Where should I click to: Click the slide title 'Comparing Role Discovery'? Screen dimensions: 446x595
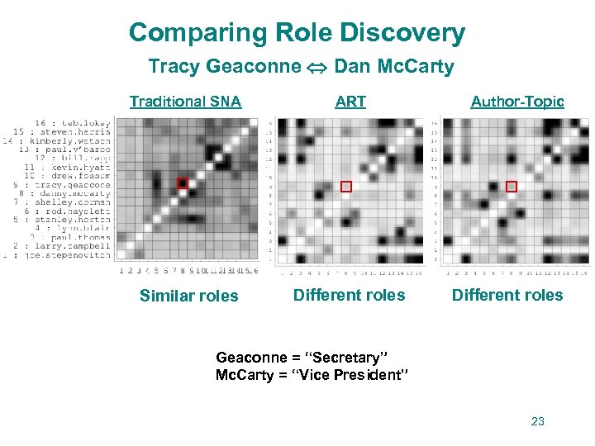click(x=297, y=34)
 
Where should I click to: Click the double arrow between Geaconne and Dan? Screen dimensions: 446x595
click(x=317, y=68)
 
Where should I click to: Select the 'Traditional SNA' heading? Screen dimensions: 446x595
click(x=185, y=102)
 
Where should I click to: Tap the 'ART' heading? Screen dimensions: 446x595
click(x=350, y=102)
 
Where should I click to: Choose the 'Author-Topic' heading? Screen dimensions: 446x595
click(x=517, y=102)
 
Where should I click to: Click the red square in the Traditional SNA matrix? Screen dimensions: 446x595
click(x=183, y=183)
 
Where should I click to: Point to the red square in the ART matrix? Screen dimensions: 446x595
click(x=346, y=187)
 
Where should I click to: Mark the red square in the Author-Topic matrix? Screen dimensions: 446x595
click(x=512, y=187)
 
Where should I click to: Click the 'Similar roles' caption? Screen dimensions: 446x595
click(x=188, y=296)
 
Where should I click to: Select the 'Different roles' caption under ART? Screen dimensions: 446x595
click(x=350, y=295)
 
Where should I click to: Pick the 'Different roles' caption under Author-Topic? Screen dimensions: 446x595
click(x=507, y=295)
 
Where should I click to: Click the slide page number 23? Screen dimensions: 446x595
click(x=538, y=422)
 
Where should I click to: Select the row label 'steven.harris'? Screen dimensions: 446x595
click(x=74, y=132)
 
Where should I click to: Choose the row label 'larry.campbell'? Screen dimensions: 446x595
click(x=74, y=246)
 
